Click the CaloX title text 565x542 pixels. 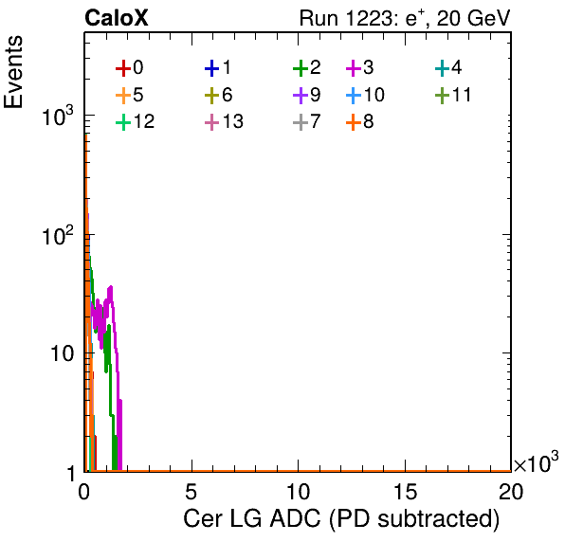point(116,18)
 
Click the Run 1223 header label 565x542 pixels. point(405,19)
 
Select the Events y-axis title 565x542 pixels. point(13,72)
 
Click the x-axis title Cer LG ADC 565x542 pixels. point(341,519)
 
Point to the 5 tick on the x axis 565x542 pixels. point(191,491)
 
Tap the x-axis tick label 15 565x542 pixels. point(405,491)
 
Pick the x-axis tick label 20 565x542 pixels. point(511,491)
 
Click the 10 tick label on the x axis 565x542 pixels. point(299,491)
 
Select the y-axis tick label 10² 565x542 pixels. point(58,235)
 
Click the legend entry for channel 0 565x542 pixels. point(130,67)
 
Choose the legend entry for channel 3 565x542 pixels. point(360,67)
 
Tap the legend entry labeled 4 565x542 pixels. point(448,67)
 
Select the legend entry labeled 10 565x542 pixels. point(365,95)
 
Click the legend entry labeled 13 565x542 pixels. point(224,121)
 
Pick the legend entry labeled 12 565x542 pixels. point(136,121)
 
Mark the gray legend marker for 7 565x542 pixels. point(301,122)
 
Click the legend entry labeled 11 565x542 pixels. point(453,95)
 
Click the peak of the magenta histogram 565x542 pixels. point(111,287)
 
